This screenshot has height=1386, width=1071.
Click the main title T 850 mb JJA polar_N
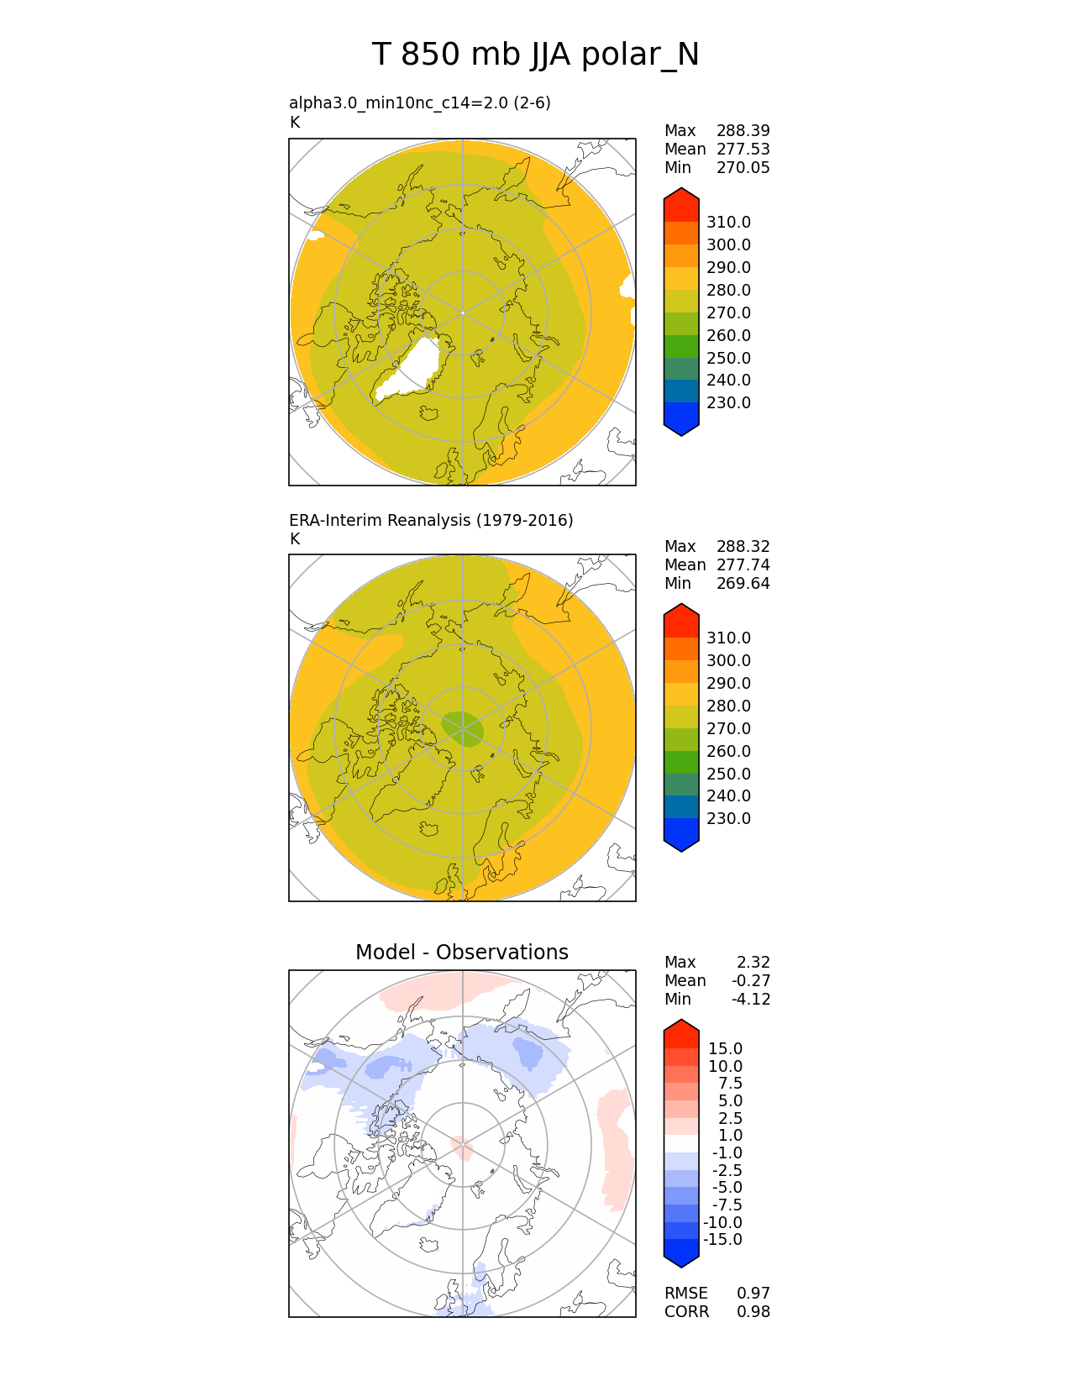[x=535, y=55]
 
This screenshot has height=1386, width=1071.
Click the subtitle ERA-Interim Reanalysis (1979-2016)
[x=431, y=520]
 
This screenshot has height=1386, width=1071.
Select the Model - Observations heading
[x=461, y=952]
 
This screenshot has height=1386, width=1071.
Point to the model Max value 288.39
[x=743, y=130]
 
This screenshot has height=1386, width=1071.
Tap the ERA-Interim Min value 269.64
[x=743, y=583]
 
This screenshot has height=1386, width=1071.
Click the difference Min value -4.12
[x=751, y=999]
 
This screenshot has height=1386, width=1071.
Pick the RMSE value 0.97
[x=753, y=1293]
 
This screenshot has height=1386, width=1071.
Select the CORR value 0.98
[x=753, y=1311]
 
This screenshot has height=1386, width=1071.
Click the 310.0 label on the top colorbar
[x=728, y=222]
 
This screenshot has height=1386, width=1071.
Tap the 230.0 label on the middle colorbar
[x=728, y=818]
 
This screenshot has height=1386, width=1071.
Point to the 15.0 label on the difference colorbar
[x=725, y=1048]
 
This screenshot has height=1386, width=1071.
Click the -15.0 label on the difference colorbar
[x=722, y=1239]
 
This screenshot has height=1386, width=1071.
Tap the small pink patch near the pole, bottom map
[x=461, y=1146]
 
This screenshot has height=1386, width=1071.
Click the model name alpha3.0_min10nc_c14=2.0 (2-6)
[x=420, y=102]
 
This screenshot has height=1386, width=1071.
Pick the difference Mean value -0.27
[x=751, y=980]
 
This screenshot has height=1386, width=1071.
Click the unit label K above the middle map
[x=295, y=538]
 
